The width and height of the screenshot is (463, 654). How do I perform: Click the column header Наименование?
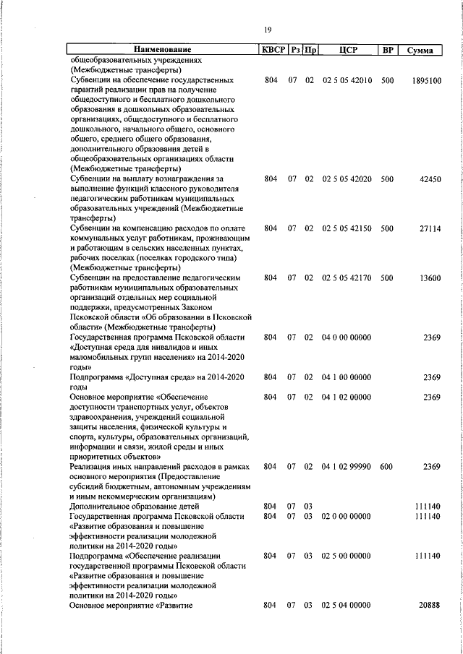(x=162, y=51)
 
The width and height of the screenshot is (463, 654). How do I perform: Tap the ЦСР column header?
(x=347, y=51)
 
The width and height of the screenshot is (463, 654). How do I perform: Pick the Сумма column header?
(x=420, y=51)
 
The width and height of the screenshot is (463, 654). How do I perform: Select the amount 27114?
(x=429, y=228)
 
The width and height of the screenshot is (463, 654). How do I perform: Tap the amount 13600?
(x=429, y=277)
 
